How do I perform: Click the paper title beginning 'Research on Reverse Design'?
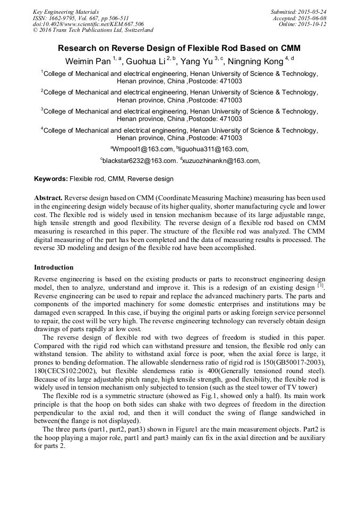click(179, 48)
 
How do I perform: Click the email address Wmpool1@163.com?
click(143, 149)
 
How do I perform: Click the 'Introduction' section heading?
click(54, 268)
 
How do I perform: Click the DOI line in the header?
click(88, 24)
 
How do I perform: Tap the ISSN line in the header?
click(81, 18)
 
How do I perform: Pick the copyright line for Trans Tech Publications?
click(93, 31)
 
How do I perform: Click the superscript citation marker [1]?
click(320, 286)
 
